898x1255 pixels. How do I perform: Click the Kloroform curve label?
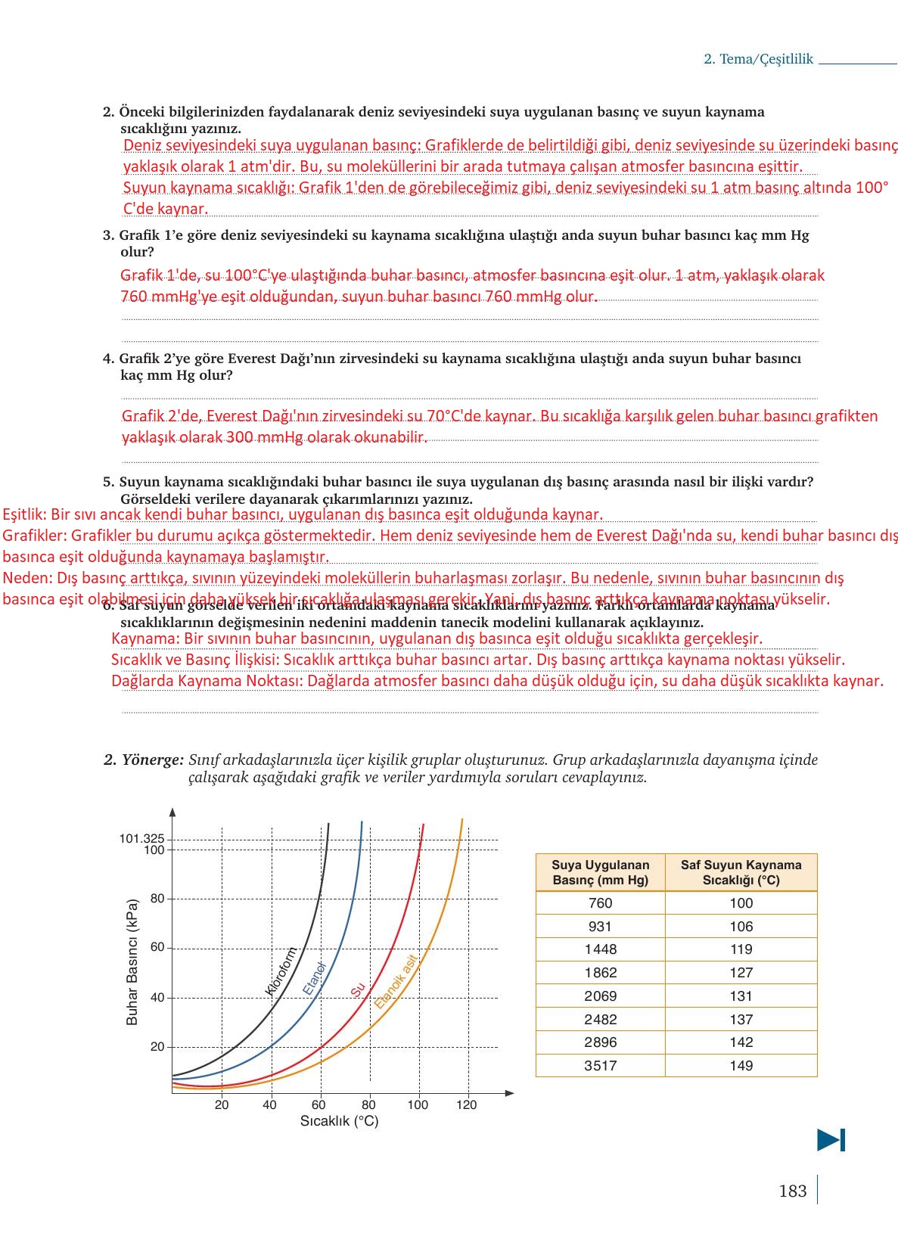[x=280, y=971]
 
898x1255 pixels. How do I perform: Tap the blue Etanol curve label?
[x=314, y=978]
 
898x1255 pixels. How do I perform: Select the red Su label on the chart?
[x=358, y=989]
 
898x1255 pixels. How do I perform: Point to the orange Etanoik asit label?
[x=396, y=981]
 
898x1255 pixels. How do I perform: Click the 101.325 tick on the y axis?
[x=141, y=838]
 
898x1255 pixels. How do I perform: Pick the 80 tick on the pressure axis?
[x=157, y=899]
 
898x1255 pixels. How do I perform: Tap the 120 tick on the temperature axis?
[x=467, y=1104]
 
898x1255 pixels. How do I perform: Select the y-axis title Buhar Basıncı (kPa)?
[x=132, y=961]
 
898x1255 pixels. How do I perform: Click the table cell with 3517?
[x=601, y=1065]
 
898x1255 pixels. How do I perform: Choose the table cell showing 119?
[x=741, y=949]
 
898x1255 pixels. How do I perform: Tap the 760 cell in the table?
[x=601, y=902]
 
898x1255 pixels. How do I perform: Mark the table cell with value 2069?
[x=601, y=996]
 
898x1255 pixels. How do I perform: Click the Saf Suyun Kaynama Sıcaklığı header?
[x=741, y=872]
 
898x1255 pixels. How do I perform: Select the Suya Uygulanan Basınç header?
[x=601, y=872]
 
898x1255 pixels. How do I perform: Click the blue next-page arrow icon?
[x=831, y=1140]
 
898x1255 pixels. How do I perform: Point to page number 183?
[x=792, y=1191]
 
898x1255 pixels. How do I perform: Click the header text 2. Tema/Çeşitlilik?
[x=758, y=59]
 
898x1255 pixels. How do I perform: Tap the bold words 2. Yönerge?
[x=144, y=760]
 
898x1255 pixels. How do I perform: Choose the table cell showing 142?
[x=741, y=1042]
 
